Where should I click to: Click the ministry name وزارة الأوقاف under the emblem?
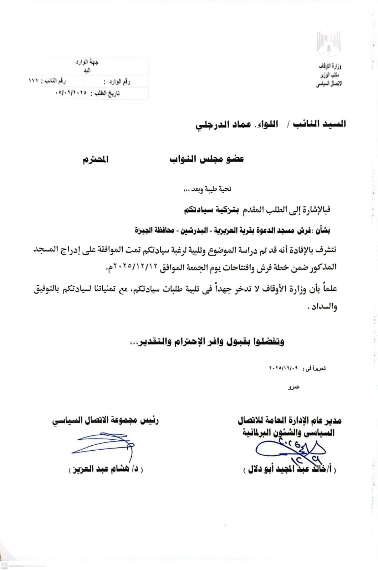pyautogui.click(x=332, y=67)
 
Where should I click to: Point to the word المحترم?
pyautogui.click(x=95, y=160)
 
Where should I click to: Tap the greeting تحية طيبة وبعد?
pyautogui.click(x=207, y=189)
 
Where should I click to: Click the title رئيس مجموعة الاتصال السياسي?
pyautogui.click(x=106, y=420)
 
